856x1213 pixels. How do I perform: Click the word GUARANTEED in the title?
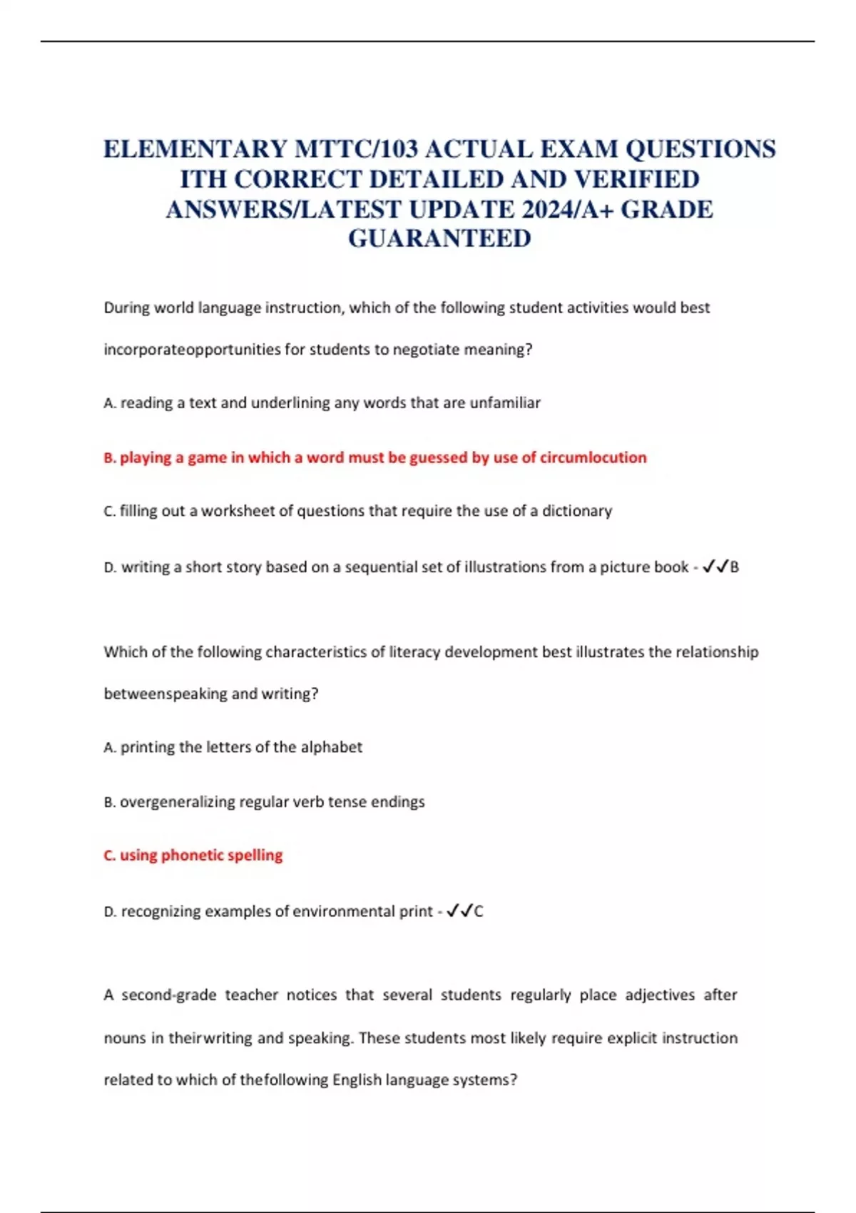(x=439, y=238)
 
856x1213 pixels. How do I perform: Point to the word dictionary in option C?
(x=576, y=511)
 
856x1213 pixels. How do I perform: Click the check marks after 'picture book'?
(x=715, y=567)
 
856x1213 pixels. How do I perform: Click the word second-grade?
(x=168, y=995)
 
